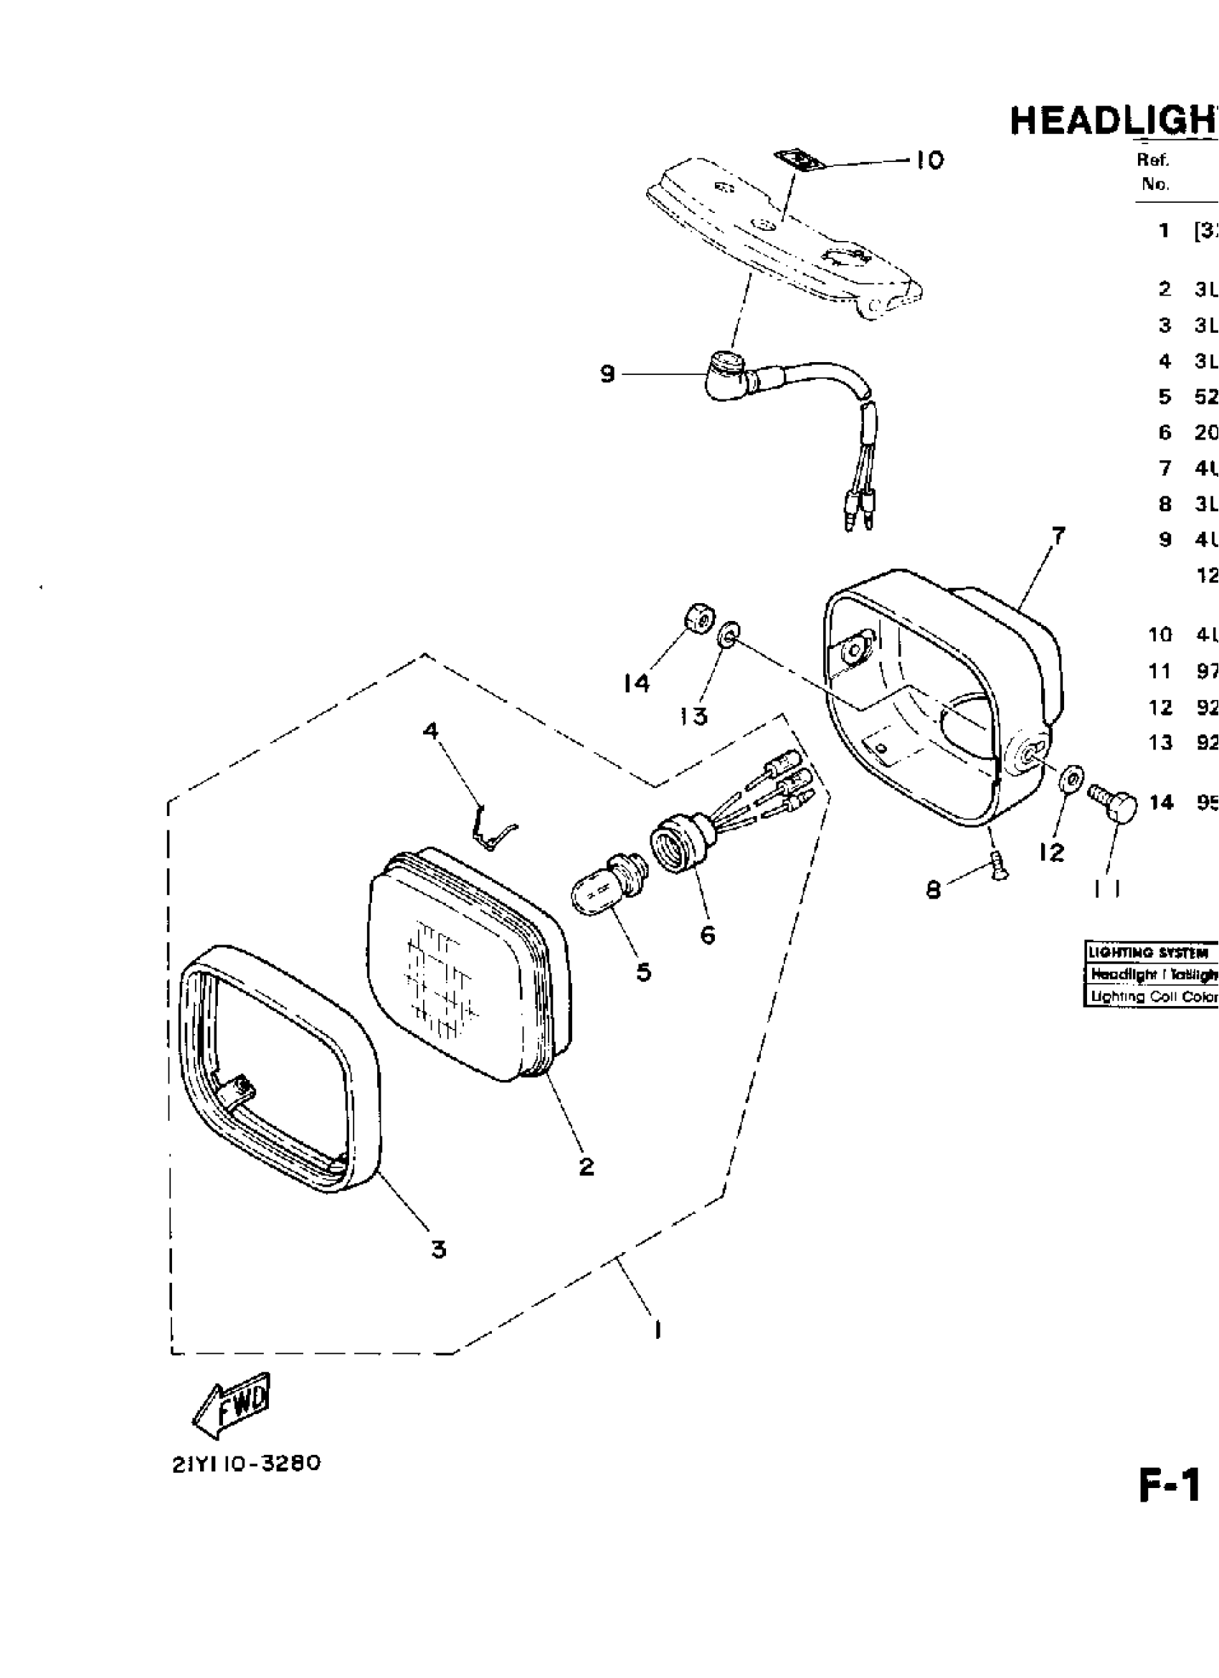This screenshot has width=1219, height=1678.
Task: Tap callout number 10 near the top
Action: [930, 160]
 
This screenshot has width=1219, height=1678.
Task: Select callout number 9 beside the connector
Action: [607, 374]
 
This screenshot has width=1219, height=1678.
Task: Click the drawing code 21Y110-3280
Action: [247, 1464]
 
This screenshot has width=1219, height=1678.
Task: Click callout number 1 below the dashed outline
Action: [657, 1329]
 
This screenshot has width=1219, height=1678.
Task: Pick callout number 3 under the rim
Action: [439, 1250]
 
